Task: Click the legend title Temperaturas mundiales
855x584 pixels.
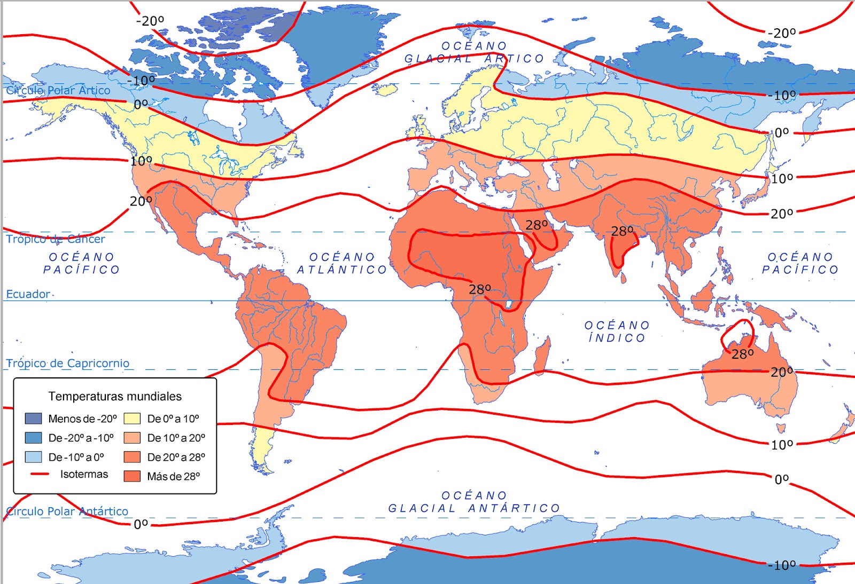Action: point(115,396)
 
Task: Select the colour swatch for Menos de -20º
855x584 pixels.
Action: point(33,419)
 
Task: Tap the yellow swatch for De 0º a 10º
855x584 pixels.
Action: point(132,419)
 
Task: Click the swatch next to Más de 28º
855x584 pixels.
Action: point(132,476)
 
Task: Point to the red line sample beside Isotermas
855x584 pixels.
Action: point(40,474)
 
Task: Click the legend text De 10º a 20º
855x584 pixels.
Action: point(176,438)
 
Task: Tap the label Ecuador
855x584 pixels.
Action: point(28,294)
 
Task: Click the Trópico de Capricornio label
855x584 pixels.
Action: point(68,364)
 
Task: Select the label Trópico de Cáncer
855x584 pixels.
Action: point(56,239)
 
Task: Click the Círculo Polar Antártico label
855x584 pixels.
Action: point(67,511)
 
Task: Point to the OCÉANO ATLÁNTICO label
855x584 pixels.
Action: point(342,264)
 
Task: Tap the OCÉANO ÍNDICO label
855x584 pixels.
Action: point(617,332)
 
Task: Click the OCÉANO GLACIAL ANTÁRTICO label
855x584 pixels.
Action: point(474,502)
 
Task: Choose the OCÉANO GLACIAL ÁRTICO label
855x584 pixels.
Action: point(474,52)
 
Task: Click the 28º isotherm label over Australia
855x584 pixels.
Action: point(742,354)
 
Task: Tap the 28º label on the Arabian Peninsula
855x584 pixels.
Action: point(537,225)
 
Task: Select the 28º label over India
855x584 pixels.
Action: point(622,231)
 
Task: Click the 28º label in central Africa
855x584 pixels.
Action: point(480,289)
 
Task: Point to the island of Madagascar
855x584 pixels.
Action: point(542,355)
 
